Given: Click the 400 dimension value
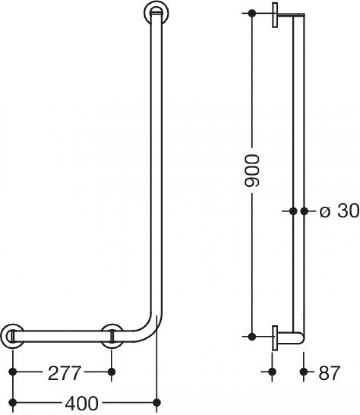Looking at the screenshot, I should click(81, 402).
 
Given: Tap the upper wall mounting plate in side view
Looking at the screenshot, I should click(275, 15).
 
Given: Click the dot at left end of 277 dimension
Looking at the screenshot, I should click(12, 371).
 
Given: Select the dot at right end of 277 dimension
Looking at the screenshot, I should click(111, 371).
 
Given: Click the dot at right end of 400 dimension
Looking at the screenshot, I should click(157, 402).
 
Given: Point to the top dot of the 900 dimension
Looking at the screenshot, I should click(252, 13).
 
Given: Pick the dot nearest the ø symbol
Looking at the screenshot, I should click(304, 211).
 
